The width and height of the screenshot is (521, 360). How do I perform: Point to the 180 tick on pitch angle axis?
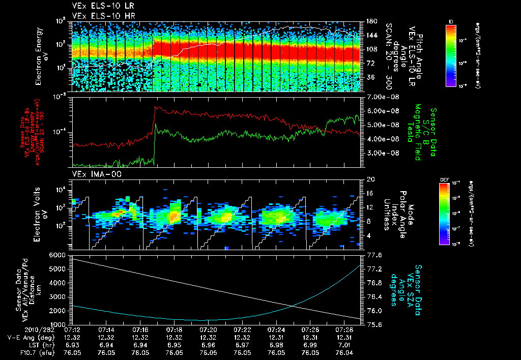pos(370,21)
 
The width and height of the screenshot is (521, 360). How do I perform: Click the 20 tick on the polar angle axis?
pos(370,179)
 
